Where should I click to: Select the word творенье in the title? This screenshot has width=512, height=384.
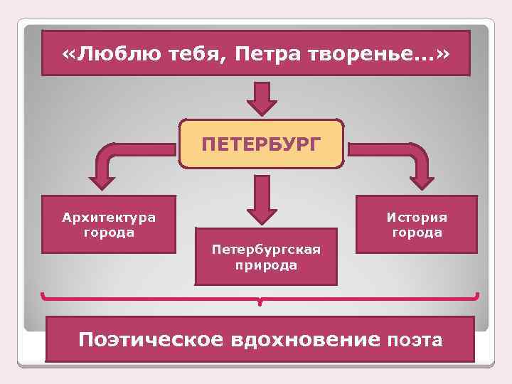coord(370,54)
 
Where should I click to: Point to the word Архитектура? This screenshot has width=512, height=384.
coord(108,216)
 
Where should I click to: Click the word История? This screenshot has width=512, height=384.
coord(417,216)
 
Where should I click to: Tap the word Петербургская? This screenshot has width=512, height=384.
coord(266,250)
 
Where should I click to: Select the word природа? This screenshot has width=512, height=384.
coord(266,265)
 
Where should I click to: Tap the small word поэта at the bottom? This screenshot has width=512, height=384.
coord(415,341)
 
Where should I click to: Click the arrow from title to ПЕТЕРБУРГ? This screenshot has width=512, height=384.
coord(262,98)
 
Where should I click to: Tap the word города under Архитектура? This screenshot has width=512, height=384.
coord(108,233)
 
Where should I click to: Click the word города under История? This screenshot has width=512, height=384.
coord(417,233)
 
